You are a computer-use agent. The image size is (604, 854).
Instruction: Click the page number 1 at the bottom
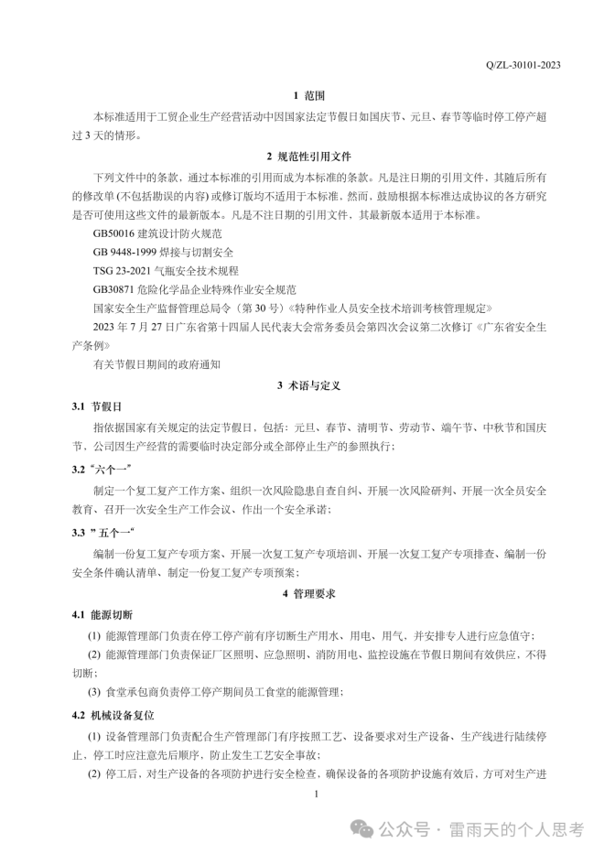pos(315,795)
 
